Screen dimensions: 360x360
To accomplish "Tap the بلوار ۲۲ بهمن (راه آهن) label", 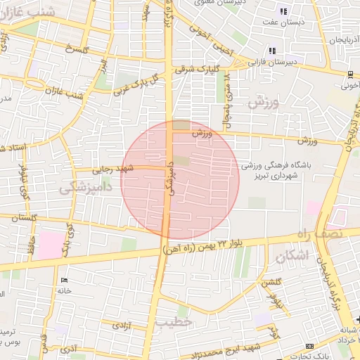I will [210, 244].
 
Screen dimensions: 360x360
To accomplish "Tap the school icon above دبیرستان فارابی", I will [272, 50].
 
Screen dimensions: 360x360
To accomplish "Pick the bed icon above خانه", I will [64, 281].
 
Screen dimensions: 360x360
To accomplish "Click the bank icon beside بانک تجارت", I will [310, 347].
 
